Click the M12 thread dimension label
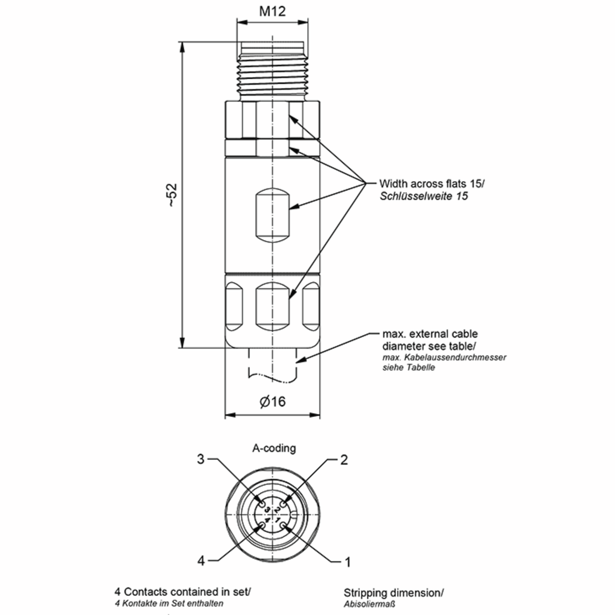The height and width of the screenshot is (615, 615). [x=272, y=12]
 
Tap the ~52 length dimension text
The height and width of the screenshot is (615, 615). [x=172, y=195]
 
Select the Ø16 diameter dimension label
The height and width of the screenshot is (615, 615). [x=273, y=402]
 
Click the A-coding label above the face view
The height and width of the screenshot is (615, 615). [x=274, y=448]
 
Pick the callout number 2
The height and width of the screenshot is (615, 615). [x=344, y=460]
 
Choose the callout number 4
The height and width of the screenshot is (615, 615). [x=201, y=561]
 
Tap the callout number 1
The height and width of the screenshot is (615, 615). [x=348, y=562]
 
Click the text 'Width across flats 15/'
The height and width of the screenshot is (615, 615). [x=432, y=184]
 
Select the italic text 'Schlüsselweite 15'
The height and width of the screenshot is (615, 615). [x=424, y=196]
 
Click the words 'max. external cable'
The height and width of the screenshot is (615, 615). [x=430, y=334]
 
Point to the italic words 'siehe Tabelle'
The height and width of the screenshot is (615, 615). [x=408, y=367]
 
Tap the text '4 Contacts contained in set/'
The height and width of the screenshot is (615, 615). [x=183, y=592]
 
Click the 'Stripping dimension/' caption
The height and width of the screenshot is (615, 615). [x=393, y=593]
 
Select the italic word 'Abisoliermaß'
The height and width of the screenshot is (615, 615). [x=369, y=604]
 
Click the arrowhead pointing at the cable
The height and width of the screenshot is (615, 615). [x=301, y=360]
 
